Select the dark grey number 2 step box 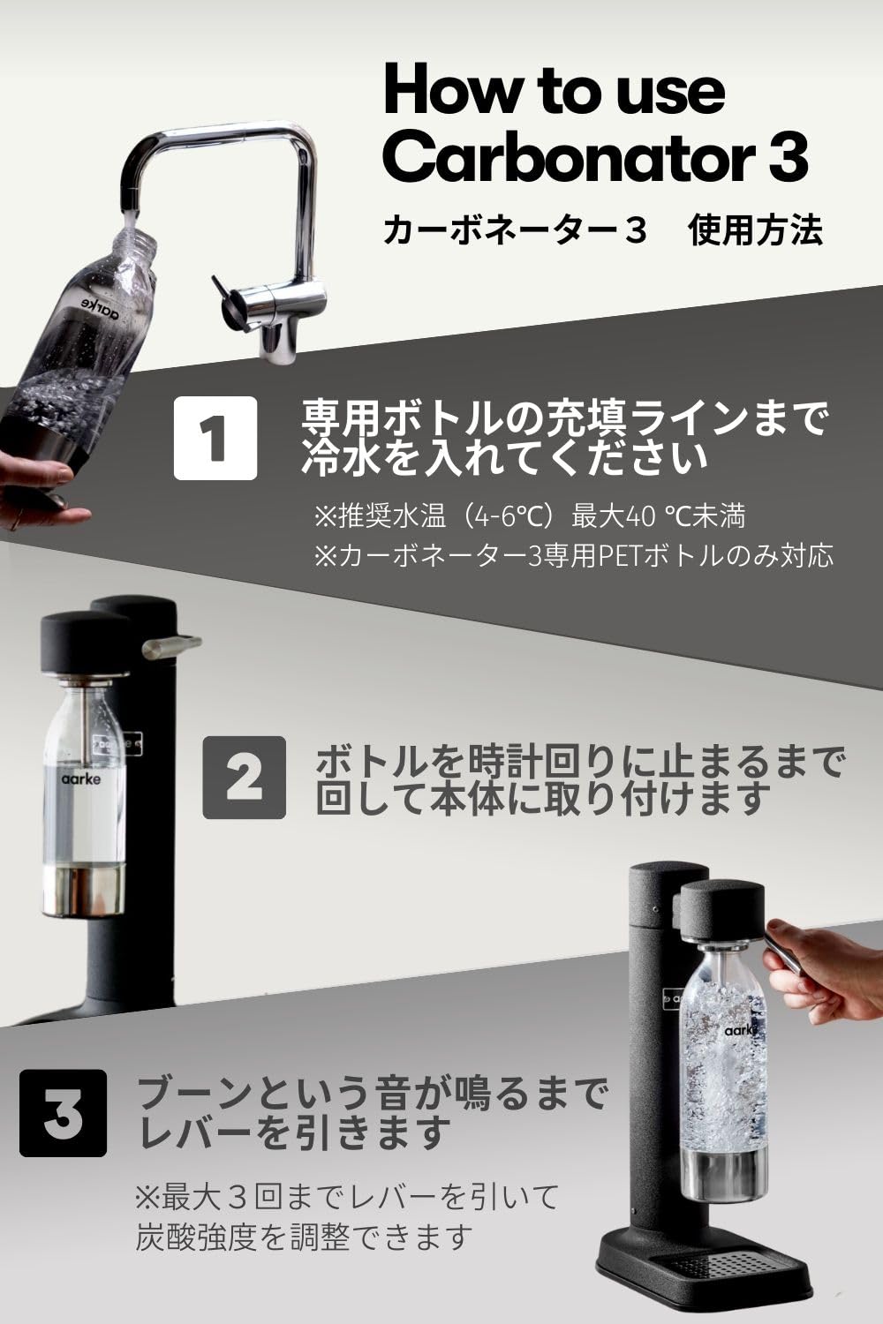tap(245, 777)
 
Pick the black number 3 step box tap(63, 1113)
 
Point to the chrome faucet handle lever tap(226, 297)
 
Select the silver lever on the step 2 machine tap(172, 647)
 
